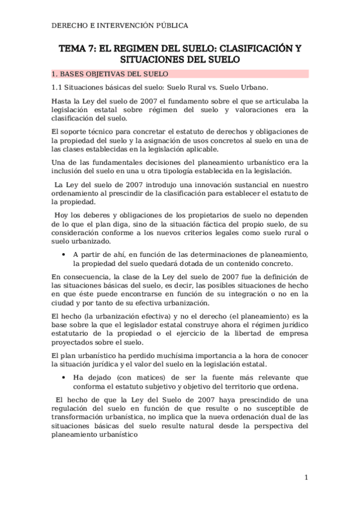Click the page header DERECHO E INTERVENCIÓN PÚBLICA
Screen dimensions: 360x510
[120, 26]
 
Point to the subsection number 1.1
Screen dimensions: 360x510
[57, 87]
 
